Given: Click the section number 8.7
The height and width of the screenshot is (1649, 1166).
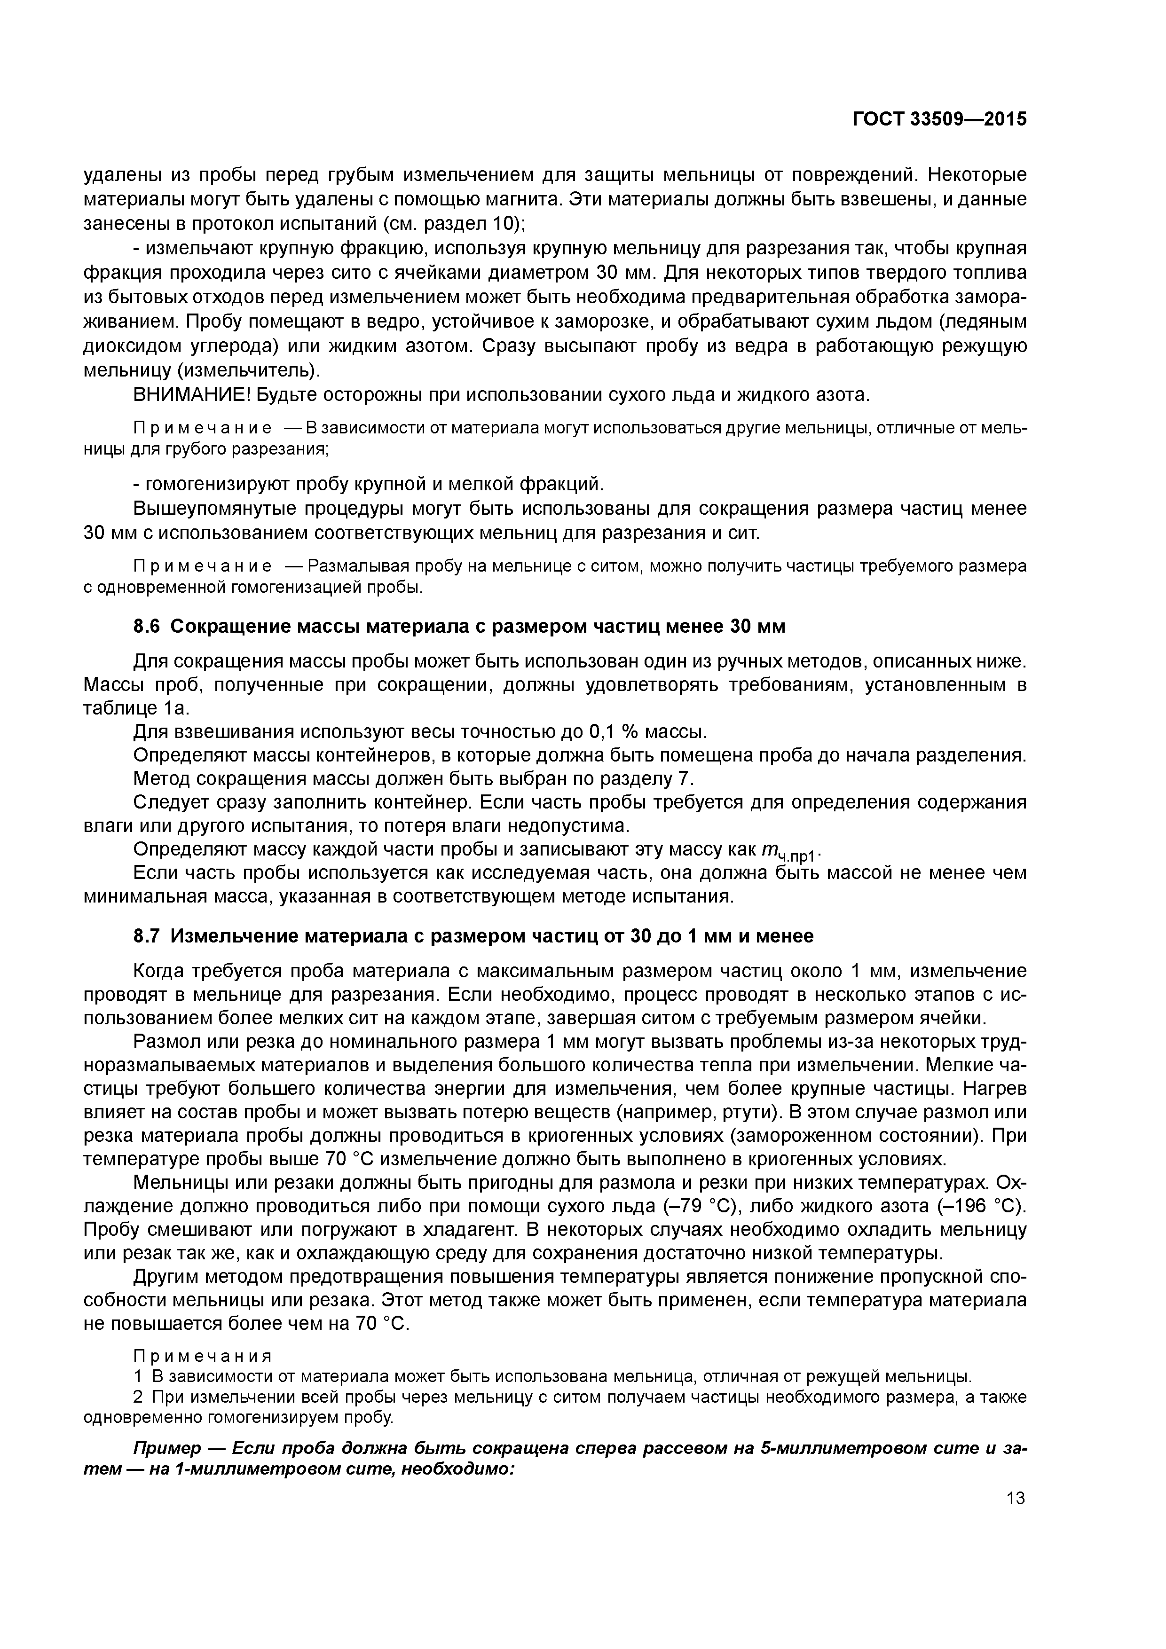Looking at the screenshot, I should tap(149, 936).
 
